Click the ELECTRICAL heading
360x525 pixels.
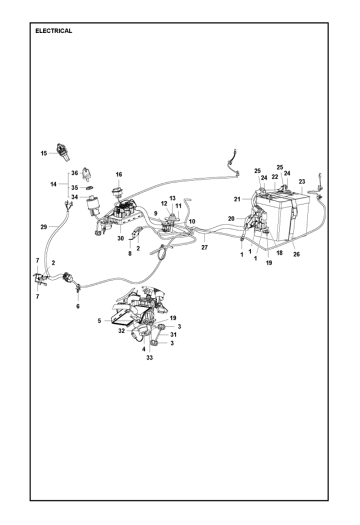54,31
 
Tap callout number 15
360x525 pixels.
44,153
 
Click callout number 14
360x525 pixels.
54,184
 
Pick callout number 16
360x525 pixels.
118,175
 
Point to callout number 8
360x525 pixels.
130,254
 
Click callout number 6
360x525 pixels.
78,306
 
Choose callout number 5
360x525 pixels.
99,321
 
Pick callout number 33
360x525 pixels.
150,358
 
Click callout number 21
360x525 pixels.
237,198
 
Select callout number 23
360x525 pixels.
302,182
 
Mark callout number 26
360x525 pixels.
296,254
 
